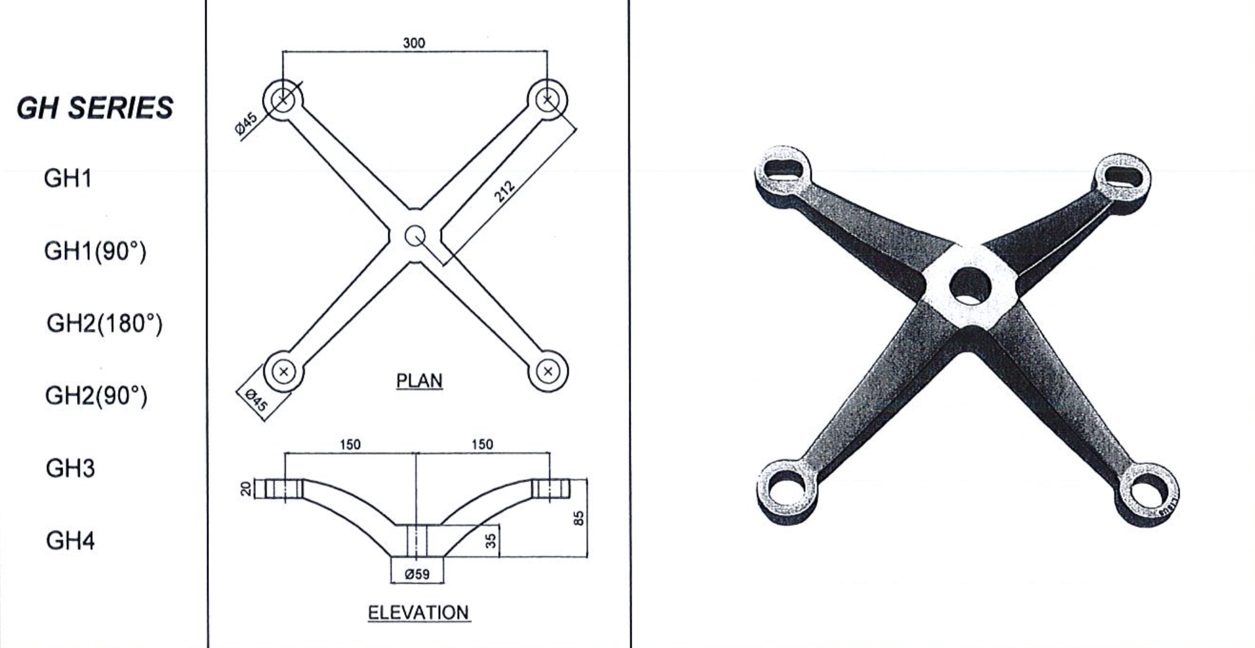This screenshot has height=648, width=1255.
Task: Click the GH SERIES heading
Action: (x=95, y=108)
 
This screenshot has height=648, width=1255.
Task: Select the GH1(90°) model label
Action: (x=95, y=251)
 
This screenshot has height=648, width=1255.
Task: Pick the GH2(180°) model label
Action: (x=104, y=323)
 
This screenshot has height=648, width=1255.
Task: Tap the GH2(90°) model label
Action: (x=96, y=396)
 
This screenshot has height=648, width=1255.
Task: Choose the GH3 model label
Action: (x=70, y=468)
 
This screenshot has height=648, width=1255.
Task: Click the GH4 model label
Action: (x=70, y=541)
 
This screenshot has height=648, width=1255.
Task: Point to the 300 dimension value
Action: (x=414, y=43)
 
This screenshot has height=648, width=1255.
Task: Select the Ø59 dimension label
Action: (x=417, y=574)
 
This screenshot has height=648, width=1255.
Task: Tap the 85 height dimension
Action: (x=578, y=518)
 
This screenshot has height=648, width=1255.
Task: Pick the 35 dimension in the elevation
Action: (x=491, y=540)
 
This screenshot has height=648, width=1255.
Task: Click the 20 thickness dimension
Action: (x=246, y=488)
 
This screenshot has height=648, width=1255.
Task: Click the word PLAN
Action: (x=419, y=381)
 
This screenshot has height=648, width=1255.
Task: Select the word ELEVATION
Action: (x=418, y=612)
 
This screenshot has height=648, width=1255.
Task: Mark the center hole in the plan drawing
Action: (x=415, y=235)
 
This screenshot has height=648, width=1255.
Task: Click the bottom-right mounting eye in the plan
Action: (x=547, y=372)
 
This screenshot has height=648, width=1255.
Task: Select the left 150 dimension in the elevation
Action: (x=350, y=444)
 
